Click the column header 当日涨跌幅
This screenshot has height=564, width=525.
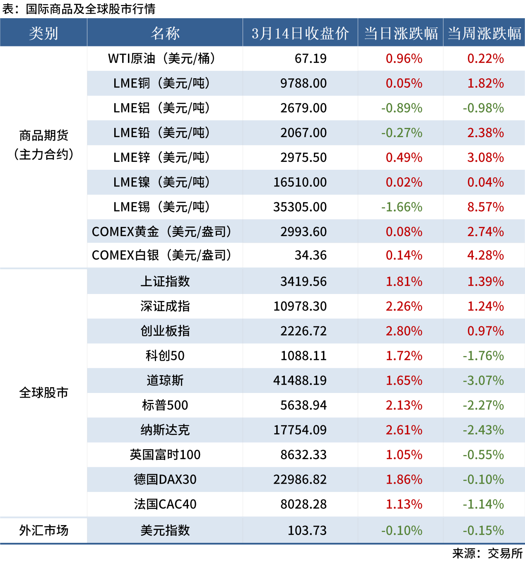point(401,33)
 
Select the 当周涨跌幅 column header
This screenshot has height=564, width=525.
point(484,33)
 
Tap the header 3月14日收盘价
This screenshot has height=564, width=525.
point(300,33)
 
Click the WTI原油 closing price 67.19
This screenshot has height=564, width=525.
point(311,58)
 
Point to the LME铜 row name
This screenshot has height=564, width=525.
point(161,83)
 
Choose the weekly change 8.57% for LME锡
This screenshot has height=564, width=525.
point(485,207)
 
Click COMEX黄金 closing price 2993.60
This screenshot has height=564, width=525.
point(303,231)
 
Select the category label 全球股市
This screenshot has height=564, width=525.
point(43,393)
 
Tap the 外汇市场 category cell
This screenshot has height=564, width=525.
point(43,530)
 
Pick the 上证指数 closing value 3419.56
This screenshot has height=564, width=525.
point(303,282)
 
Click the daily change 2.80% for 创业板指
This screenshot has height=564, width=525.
point(404,331)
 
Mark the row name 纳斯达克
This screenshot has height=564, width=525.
point(165,430)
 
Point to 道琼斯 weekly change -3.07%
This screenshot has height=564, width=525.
point(483,380)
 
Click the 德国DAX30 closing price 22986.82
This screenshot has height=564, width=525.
point(300,479)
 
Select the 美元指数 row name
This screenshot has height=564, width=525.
point(165,530)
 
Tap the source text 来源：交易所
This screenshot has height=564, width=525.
point(487,553)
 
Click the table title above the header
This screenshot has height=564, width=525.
point(79,9)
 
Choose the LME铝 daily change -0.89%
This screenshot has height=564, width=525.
point(402,108)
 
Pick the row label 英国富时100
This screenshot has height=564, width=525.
point(165,455)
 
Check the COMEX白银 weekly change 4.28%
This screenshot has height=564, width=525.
point(485,255)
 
